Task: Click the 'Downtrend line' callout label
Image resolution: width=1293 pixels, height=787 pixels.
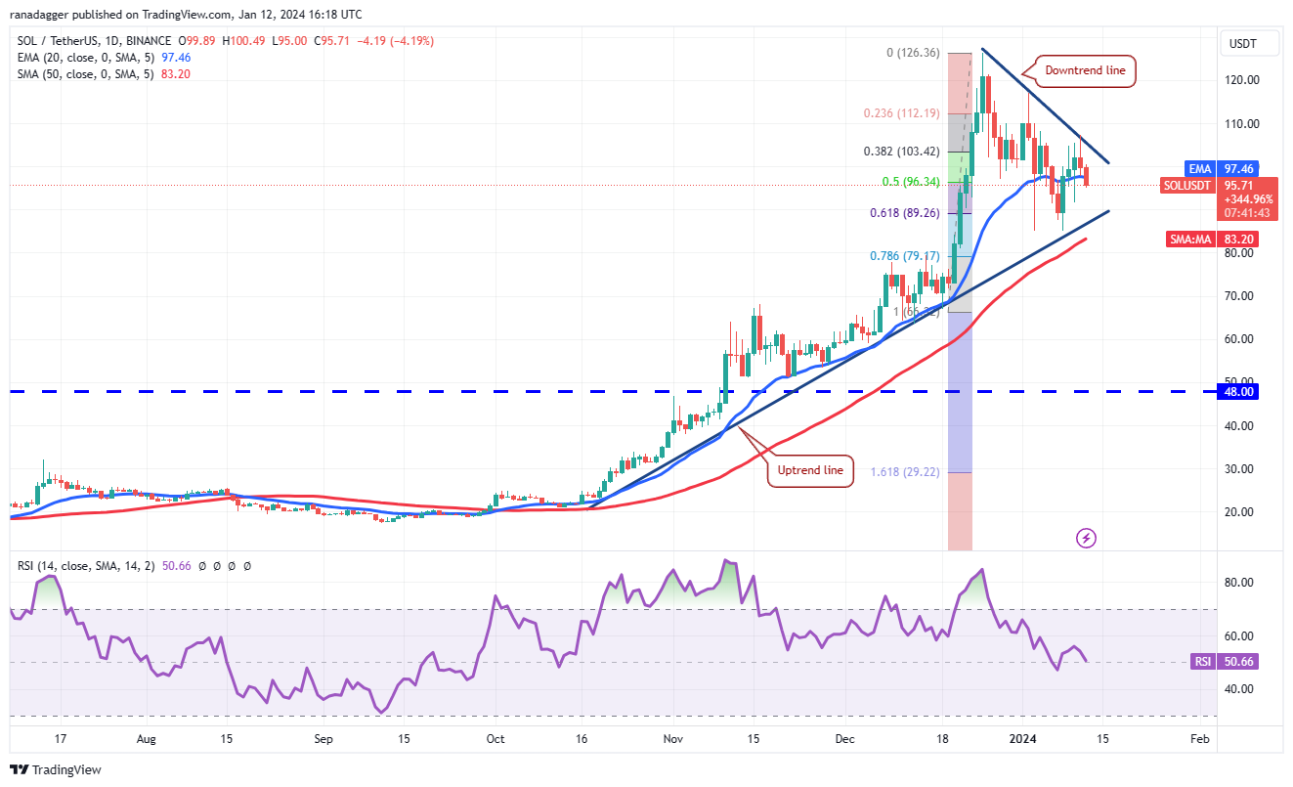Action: tap(1085, 70)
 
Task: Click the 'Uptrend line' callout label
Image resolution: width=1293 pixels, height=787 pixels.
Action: tap(810, 470)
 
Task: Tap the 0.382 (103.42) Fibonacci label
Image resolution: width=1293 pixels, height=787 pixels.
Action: tap(902, 152)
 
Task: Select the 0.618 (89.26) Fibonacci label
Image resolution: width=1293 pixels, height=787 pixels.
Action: tap(904, 213)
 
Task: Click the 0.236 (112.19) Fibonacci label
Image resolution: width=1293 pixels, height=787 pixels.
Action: tap(902, 113)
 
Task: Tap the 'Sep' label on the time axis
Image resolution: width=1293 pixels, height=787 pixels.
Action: tap(323, 740)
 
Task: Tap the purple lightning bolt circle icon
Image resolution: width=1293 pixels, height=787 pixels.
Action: tap(1086, 538)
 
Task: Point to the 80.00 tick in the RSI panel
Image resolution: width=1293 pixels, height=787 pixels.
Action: tap(1238, 583)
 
